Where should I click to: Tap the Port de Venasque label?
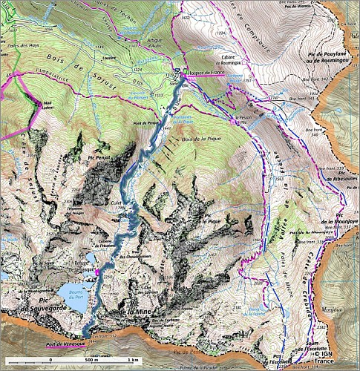pos(66,343)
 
